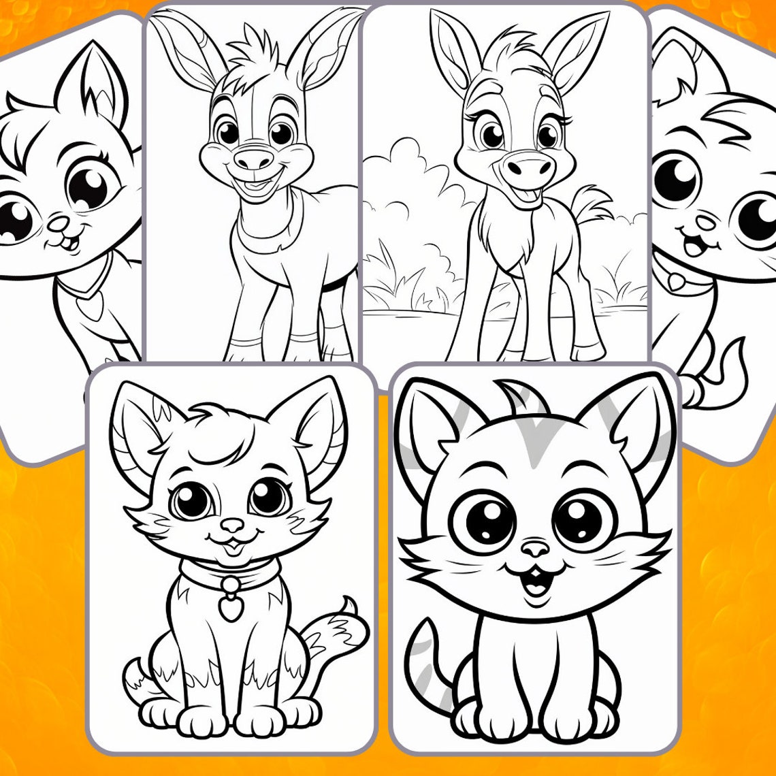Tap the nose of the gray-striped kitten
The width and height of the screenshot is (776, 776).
535,548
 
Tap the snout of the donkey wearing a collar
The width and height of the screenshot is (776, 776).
254,160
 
